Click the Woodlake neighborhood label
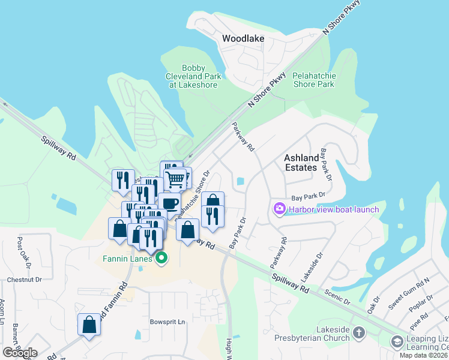pos(243,38)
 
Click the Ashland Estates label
pos(300,162)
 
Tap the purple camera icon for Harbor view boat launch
pos(279,209)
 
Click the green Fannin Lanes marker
pos(161,259)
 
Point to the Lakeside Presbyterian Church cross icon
pos(358,332)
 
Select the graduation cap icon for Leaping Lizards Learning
pos(397,341)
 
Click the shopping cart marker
pos(175,178)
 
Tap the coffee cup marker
pos(169,203)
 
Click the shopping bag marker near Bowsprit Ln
pos(89,325)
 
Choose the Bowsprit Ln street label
pos(167,322)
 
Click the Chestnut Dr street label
pos(24,280)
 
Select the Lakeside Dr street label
pos(312,267)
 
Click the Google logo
pos(20,353)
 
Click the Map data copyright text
pos(423,355)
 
